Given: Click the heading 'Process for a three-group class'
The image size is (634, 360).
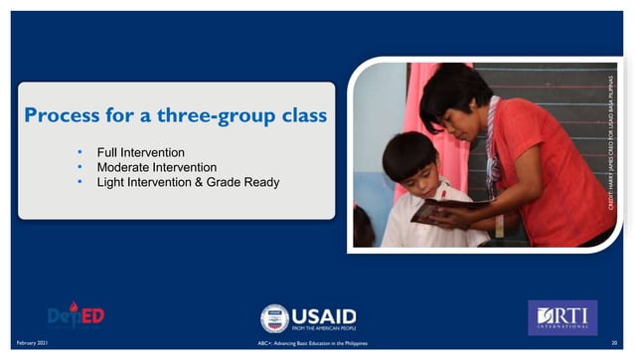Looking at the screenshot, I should click(175, 115).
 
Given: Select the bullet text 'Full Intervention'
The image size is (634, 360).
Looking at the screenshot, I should click(140, 152).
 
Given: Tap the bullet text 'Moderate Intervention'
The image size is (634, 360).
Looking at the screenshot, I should click(156, 167).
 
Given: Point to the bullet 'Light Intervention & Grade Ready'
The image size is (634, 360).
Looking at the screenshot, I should click(188, 182).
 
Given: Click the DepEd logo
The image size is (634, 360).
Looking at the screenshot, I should click(76, 316).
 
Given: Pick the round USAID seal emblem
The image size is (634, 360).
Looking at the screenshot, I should click(274, 317).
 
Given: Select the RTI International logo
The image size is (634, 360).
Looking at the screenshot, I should click(561, 316).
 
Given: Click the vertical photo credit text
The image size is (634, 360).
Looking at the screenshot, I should click(613, 139).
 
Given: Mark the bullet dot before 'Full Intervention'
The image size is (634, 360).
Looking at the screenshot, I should click(79, 152).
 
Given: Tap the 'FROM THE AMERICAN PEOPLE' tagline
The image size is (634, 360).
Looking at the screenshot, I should click(324, 327).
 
